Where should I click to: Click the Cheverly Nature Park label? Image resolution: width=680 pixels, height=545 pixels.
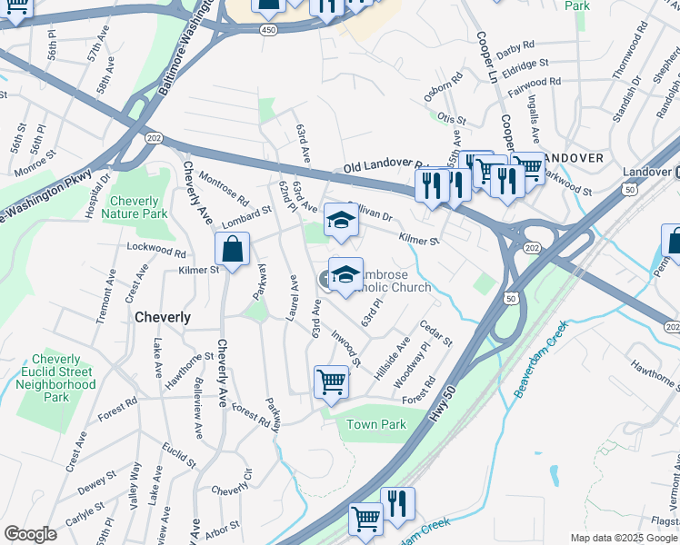(x=135, y=207)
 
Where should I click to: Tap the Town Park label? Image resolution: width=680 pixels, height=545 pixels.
(x=375, y=424)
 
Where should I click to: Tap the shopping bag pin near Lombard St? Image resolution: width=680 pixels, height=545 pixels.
(x=233, y=250)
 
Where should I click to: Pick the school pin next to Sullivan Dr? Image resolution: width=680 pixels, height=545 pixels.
(x=341, y=221)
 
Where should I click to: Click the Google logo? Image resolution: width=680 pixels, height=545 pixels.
(x=30, y=534)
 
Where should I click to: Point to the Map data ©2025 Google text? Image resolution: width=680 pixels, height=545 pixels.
(x=624, y=538)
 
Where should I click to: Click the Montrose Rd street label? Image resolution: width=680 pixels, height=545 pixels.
(x=224, y=187)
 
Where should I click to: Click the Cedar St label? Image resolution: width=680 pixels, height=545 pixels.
(x=435, y=332)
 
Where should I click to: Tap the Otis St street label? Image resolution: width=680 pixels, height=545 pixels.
(x=451, y=119)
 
